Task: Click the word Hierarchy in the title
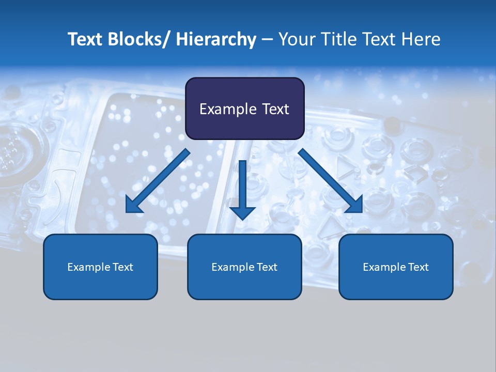(216, 39)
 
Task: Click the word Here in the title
(421, 39)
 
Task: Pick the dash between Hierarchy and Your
(267, 40)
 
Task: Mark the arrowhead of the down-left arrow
(133, 206)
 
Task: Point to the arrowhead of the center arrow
(242, 212)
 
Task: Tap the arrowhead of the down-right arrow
(354, 205)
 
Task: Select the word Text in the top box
(275, 109)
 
